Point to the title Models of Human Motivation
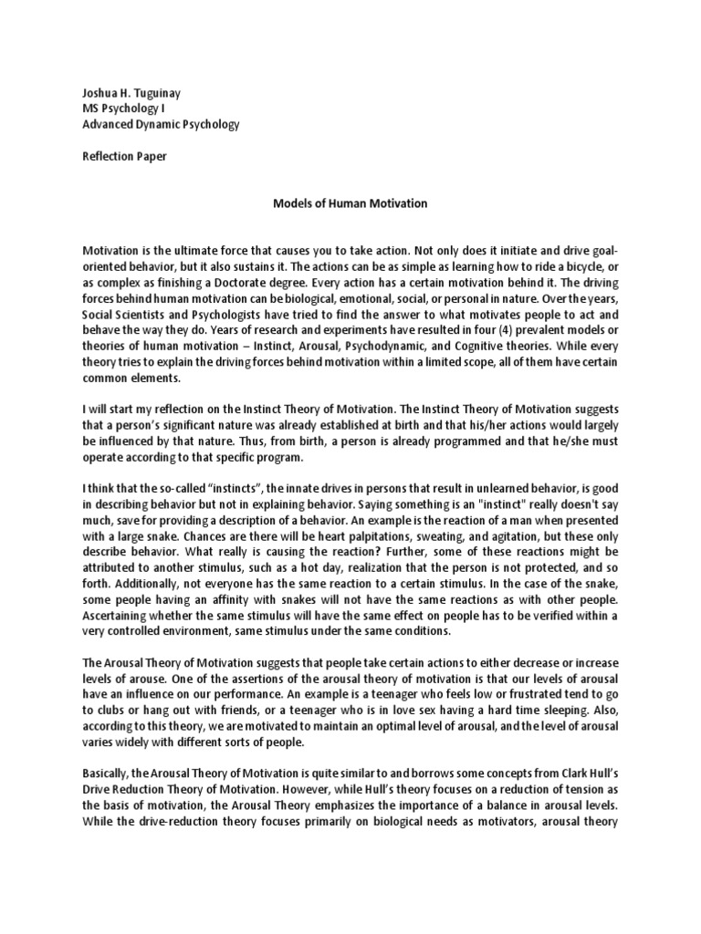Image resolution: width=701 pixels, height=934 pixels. [350, 203]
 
